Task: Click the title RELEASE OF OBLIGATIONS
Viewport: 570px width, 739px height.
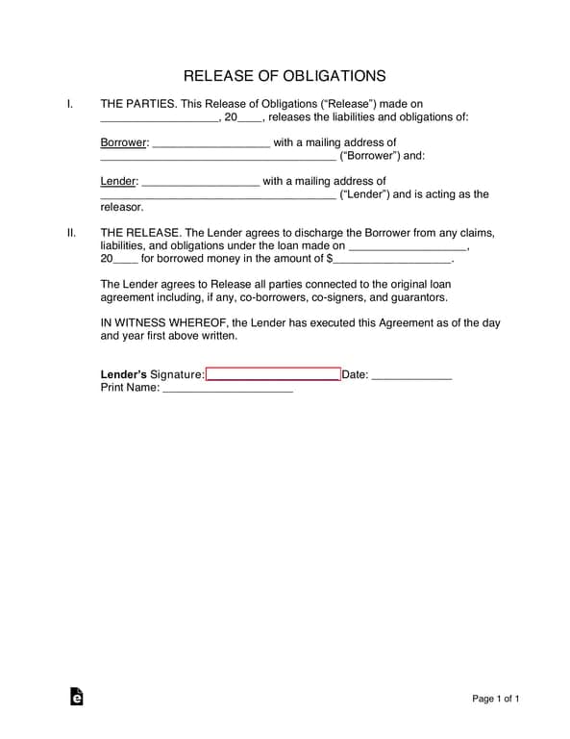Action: point(285,75)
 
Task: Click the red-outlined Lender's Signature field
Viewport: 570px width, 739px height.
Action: point(273,375)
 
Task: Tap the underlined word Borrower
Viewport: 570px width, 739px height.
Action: point(124,142)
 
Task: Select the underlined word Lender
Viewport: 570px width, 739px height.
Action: point(118,181)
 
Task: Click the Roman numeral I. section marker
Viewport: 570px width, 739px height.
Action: point(70,104)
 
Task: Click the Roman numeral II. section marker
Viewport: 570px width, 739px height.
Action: point(71,233)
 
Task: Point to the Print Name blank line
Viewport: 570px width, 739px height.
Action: point(228,390)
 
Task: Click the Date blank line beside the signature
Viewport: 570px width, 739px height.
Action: point(411,376)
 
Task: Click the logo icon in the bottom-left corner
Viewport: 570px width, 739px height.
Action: point(77,697)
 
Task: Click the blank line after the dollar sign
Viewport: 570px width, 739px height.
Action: point(393,259)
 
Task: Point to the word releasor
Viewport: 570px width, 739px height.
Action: point(122,207)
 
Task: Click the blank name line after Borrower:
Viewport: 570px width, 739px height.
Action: point(211,143)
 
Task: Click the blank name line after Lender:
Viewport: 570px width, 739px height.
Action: point(200,182)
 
